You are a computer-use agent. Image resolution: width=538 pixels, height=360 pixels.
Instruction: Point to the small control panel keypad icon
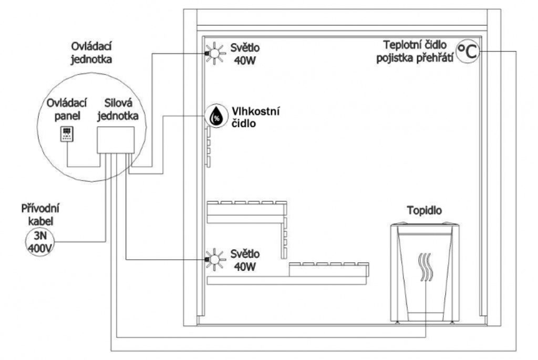(x=67, y=133)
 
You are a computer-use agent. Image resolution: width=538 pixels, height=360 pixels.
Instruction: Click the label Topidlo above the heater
(x=425, y=211)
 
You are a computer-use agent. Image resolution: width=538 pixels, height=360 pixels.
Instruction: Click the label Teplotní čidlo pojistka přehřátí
(x=414, y=52)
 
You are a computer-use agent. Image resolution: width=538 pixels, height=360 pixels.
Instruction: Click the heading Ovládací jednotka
(x=88, y=52)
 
